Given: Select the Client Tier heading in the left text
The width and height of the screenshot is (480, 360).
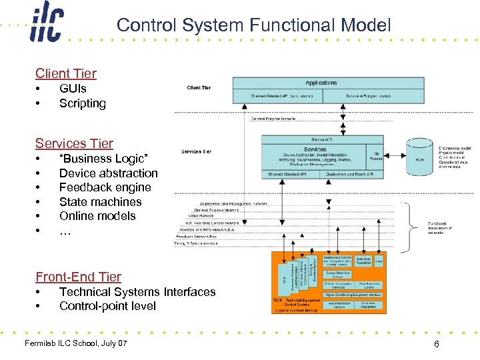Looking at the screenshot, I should (66, 73).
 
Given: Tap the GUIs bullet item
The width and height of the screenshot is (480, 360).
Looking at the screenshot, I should (73, 88).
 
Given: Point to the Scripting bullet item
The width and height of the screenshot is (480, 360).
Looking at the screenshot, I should (82, 103).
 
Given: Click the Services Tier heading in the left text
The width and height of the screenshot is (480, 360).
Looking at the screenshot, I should (74, 143).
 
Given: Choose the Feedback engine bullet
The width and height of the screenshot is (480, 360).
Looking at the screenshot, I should (105, 187).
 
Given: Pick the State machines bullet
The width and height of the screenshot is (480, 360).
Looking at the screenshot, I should (100, 201).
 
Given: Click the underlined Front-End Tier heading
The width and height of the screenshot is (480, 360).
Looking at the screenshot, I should (78, 277).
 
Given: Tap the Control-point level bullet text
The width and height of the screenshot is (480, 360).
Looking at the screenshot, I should (107, 306).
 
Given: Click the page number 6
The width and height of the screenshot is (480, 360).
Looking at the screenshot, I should (435, 344).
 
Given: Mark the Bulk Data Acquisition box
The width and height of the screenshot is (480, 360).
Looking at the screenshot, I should (363, 260).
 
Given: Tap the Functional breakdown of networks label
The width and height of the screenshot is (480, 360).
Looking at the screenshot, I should (440, 228).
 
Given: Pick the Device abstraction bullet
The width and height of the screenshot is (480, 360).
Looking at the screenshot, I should (108, 173).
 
